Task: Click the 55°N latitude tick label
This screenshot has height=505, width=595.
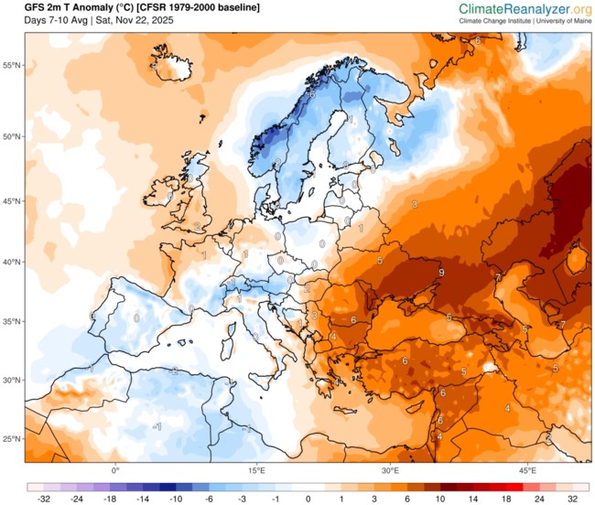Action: click(x=12, y=66)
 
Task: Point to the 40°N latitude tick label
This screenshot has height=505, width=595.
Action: click(x=12, y=262)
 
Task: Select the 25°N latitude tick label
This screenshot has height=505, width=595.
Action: click(x=12, y=440)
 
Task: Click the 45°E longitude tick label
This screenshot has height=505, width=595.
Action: click(x=527, y=470)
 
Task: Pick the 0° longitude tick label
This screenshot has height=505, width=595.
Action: click(x=115, y=470)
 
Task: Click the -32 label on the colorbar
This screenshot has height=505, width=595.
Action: click(x=42, y=500)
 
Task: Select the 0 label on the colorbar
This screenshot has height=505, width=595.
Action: click(x=308, y=500)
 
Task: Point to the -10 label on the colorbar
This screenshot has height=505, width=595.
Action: click(x=175, y=500)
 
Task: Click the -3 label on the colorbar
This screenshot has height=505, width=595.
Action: click(x=242, y=500)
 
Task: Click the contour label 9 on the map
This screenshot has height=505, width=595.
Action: click(x=441, y=273)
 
